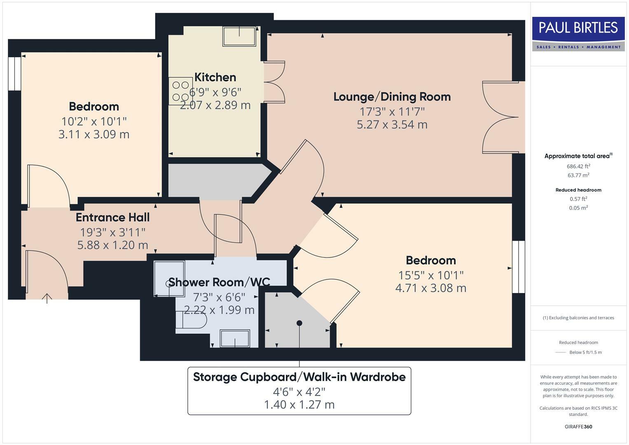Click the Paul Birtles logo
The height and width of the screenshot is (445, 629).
coord(578,34)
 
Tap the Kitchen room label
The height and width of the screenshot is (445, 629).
coord(215,77)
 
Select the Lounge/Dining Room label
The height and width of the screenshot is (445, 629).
coord(392,96)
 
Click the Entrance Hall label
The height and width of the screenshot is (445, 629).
coord(112,217)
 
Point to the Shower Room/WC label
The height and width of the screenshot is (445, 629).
coord(219,282)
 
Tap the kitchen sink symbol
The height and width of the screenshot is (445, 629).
coord(239,37)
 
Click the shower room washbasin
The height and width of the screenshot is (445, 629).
coord(235,339)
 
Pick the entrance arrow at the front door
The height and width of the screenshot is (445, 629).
coord(47,298)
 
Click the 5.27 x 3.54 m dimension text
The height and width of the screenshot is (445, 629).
coord(392,124)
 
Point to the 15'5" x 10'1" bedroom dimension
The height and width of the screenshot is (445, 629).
coord(430,275)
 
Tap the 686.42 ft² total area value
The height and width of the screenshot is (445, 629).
coord(578,166)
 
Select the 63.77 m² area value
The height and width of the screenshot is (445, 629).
coord(578,175)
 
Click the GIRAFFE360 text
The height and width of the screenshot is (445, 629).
coord(578,426)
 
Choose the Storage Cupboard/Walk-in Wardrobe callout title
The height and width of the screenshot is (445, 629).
coord(299,377)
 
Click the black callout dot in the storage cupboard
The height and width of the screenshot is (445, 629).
coord(299,323)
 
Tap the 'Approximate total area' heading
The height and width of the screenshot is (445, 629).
coord(578,156)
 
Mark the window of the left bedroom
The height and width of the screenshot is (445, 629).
coord(14,73)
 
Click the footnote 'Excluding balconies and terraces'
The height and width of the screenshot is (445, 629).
coord(578,318)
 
